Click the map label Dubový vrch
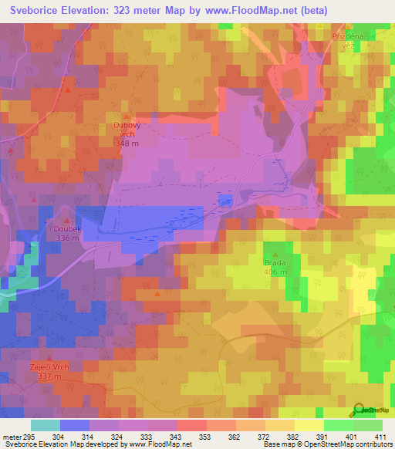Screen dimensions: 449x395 click(x=127, y=131)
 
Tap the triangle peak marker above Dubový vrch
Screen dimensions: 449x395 click(x=127, y=116)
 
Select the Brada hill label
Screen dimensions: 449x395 click(x=276, y=263)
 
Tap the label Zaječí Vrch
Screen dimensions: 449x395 click(x=49, y=366)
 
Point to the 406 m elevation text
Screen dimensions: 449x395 click(x=276, y=272)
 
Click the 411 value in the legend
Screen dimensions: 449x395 click(x=382, y=437)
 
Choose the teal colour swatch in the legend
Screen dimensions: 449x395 click(x=45, y=425)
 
